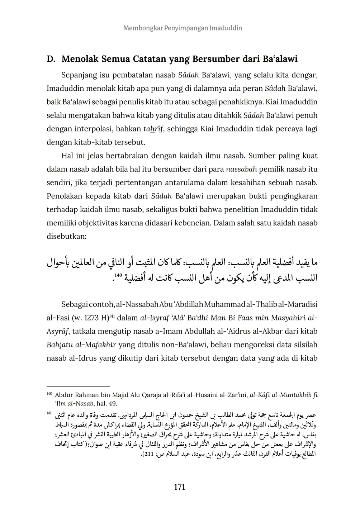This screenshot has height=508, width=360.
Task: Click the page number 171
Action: click(179, 487)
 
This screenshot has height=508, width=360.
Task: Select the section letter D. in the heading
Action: click(51, 59)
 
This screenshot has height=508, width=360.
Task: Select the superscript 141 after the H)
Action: click(112, 316)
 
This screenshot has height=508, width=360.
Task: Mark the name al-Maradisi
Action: click(297, 304)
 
